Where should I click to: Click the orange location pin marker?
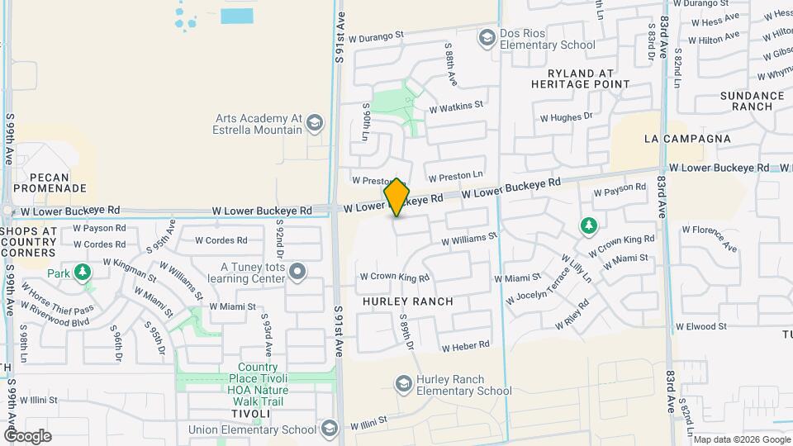click(x=396, y=197)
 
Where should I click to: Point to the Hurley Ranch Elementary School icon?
click(x=404, y=384)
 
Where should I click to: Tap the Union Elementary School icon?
click(x=330, y=429)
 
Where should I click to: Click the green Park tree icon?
click(x=82, y=272)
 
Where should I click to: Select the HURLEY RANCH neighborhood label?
click(x=408, y=301)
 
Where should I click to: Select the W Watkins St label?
click(x=455, y=107)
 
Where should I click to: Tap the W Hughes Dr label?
click(x=566, y=117)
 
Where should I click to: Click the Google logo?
click(x=27, y=435)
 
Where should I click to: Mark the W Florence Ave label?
click(x=708, y=236)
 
